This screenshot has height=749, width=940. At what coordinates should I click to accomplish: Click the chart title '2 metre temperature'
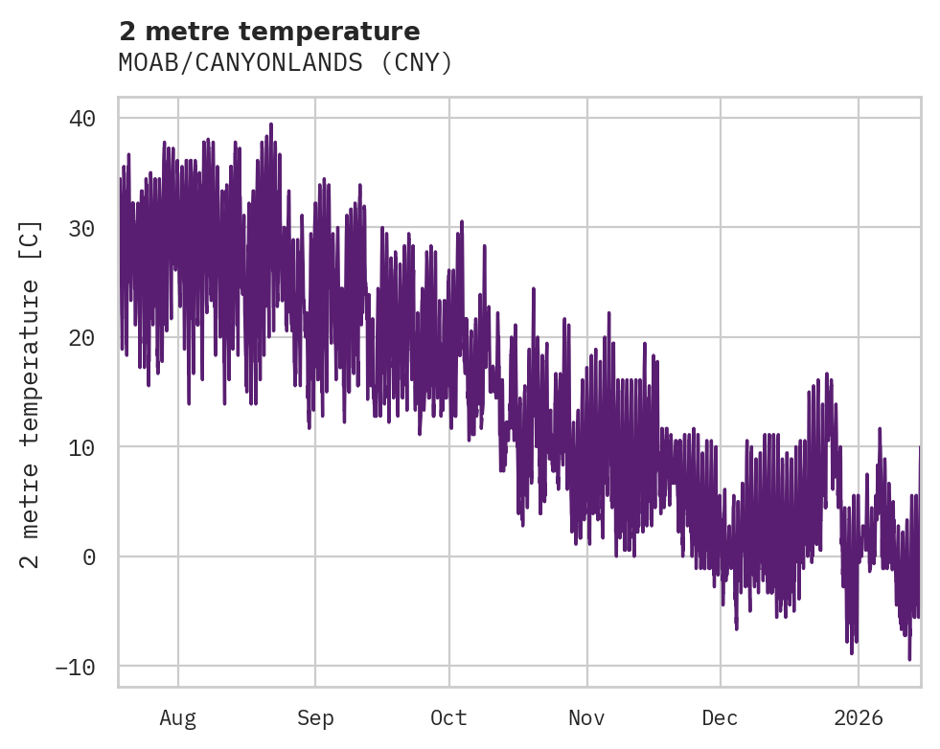[269, 32]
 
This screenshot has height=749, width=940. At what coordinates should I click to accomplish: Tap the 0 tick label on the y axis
[89, 556]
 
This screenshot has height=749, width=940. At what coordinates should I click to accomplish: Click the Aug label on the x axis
[177, 717]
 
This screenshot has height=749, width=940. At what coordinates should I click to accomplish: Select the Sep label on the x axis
[314, 717]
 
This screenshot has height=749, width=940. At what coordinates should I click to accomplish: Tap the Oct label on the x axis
[448, 717]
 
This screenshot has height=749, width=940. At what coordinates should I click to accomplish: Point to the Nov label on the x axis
[586, 717]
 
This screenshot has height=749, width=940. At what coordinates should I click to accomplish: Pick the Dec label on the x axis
[720, 717]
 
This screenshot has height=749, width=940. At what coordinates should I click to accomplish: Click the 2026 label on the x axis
[859, 717]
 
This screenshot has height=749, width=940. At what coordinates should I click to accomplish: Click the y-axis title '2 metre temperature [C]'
[31, 394]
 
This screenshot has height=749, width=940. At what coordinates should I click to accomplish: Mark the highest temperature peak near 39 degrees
[271, 125]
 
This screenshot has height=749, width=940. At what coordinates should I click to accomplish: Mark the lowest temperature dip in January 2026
[909, 658]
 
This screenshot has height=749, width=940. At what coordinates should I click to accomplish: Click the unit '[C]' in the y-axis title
[31, 235]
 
